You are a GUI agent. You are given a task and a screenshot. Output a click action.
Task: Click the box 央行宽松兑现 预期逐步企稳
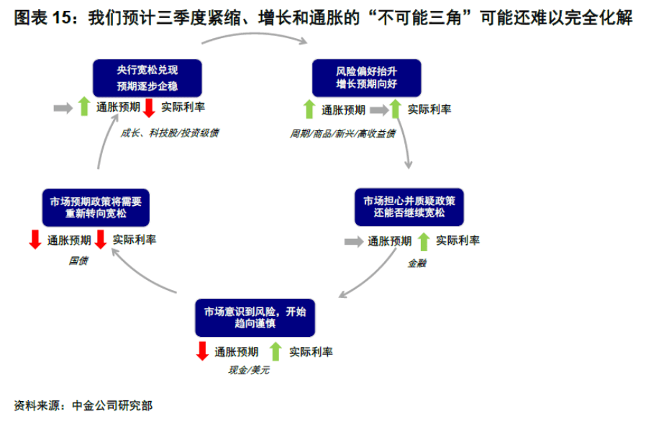tap(147, 78)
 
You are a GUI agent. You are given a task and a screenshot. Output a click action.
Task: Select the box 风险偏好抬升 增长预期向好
tap(367, 78)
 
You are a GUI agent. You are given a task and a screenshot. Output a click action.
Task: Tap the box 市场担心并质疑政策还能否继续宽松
tap(409, 207)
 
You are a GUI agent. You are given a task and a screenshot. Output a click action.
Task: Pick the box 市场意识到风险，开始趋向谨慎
tap(255, 317)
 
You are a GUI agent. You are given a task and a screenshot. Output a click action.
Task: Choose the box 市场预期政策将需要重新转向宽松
tap(96, 207)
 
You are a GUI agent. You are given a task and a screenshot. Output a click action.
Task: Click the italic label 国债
tap(78, 261)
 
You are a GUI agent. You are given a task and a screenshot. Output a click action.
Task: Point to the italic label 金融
tap(416, 263)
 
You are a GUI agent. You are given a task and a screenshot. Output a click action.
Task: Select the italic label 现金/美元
tap(249, 369)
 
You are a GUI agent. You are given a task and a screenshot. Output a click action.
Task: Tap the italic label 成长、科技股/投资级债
tap(169, 132)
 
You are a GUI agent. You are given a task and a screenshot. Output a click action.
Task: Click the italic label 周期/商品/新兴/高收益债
tap(342, 133)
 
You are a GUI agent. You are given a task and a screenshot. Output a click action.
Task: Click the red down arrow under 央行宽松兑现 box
tap(149, 108)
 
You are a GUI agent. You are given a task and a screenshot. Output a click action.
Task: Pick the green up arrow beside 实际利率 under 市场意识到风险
tap(276, 351)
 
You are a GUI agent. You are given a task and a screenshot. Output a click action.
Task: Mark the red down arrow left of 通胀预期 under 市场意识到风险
tap(202, 351)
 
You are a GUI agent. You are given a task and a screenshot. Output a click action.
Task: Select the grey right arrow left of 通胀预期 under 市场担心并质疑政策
tap(354, 241)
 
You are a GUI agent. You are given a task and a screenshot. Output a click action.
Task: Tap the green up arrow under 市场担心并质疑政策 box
tap(424, 241)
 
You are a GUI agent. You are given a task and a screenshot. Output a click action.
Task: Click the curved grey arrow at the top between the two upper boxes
tap(255, 35)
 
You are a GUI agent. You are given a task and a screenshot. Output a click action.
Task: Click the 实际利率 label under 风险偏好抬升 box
tap(429, 109)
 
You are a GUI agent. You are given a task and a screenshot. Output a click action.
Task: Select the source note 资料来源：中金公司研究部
tap(83, 405)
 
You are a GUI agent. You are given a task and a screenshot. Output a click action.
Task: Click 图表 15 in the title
tap(42, 17)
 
